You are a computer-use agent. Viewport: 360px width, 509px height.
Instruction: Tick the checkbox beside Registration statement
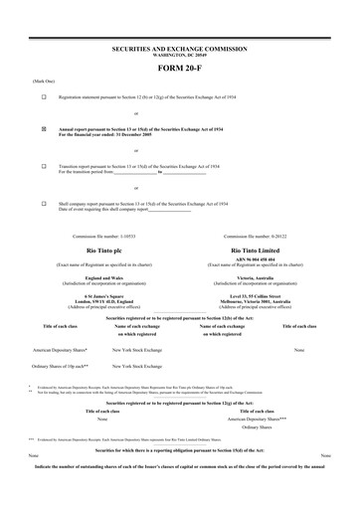pyautogui.click(x=44, y=97)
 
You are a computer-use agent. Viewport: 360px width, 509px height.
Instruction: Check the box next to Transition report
pyautogui.click(x=44, y=166)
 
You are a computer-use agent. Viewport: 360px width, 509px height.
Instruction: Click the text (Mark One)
pyautogui.click(x=17, y=81)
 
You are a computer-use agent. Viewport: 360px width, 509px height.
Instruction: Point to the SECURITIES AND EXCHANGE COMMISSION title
pyautogui.click(x=180, y=47)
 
